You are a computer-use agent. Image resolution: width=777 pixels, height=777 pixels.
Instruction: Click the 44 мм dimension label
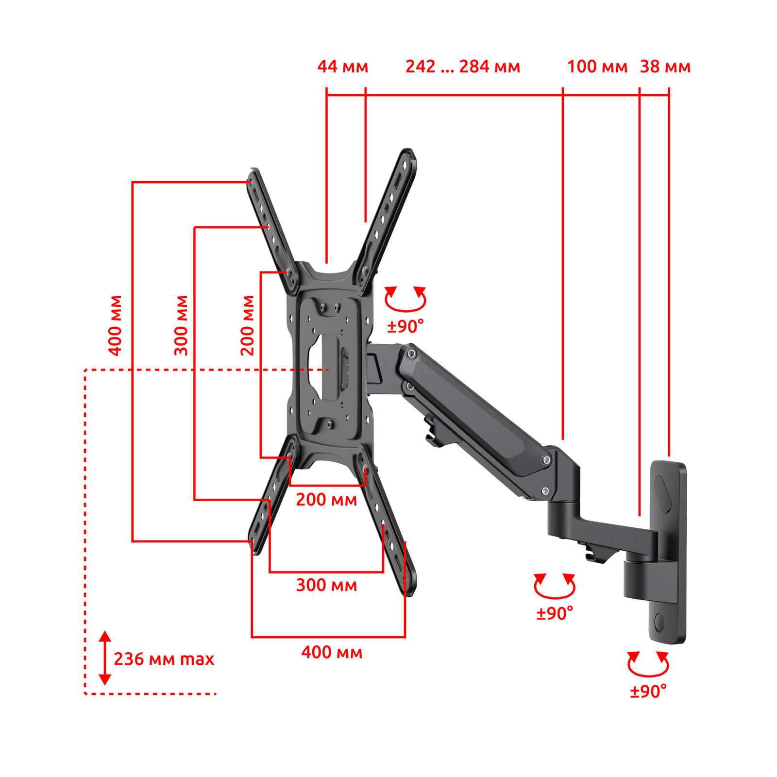(343, 67)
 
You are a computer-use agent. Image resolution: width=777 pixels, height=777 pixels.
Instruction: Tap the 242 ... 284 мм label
(463, 67)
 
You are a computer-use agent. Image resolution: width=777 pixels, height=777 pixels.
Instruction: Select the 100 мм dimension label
(597, 67)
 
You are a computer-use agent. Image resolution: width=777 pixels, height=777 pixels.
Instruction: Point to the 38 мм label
(665, 67)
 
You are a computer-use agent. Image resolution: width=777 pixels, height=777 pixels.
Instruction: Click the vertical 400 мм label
(115, 325)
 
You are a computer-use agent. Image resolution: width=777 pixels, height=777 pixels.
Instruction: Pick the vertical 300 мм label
(181, 325)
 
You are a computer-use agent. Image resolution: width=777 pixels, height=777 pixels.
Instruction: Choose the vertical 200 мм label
(247, 325)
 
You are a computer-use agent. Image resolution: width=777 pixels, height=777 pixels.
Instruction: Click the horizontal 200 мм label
(326, 500)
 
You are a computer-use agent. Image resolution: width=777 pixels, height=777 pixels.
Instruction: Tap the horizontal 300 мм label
(326, 585)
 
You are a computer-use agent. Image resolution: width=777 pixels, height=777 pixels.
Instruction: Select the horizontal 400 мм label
(332, 652)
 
